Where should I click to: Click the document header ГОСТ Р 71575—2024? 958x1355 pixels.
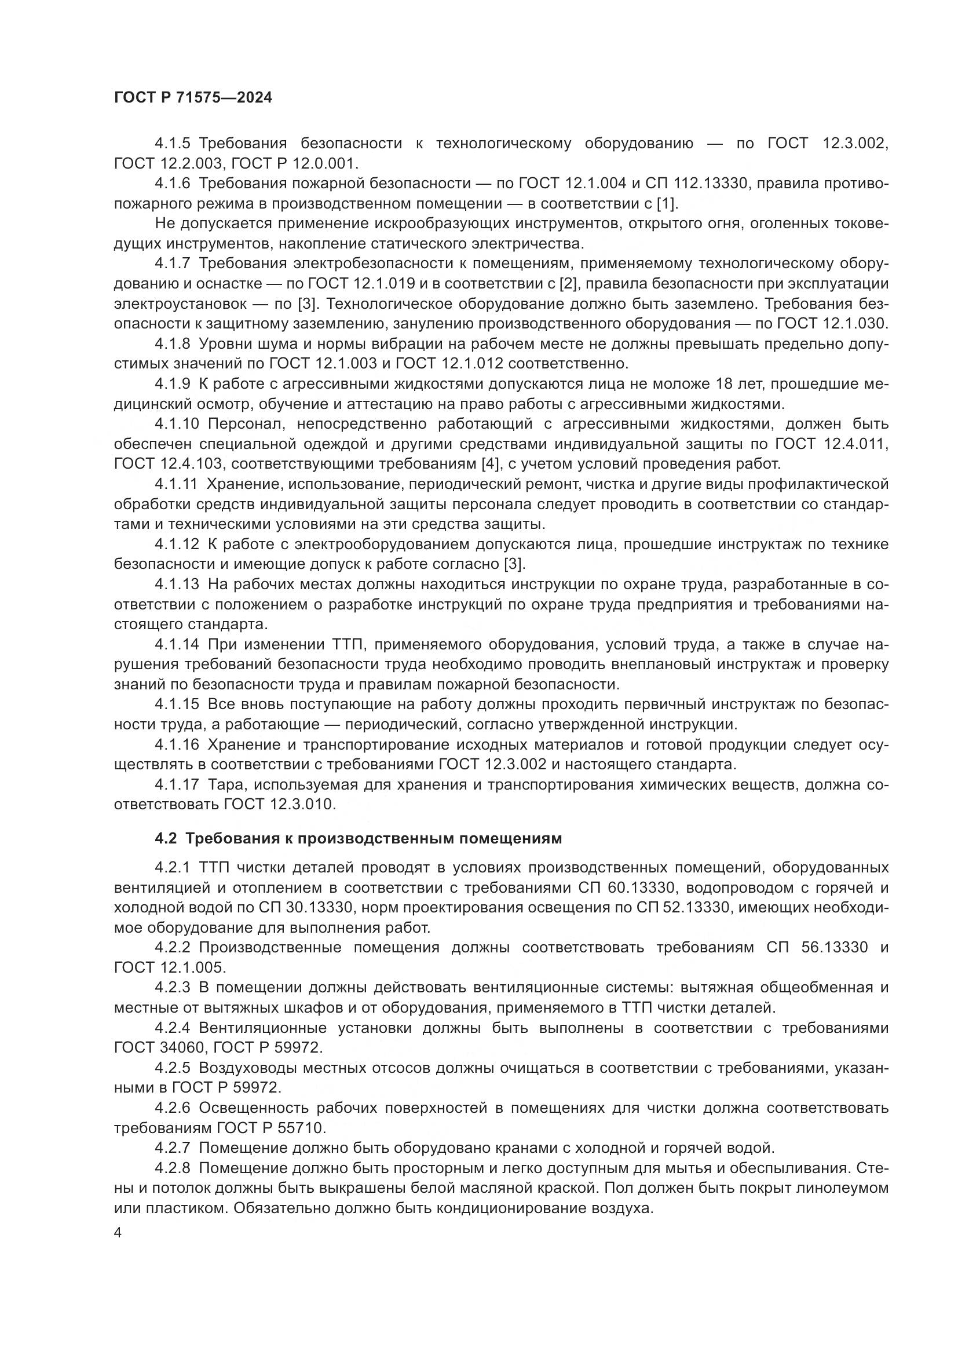[193, 98]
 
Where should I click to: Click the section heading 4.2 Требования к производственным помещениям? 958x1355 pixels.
[358, 839]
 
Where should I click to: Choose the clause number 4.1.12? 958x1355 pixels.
[177, 544]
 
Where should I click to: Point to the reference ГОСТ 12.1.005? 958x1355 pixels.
[170, 968]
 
